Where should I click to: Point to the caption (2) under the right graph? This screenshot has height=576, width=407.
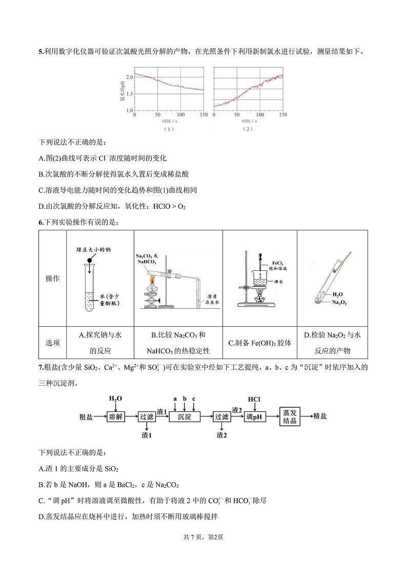click(248, 129)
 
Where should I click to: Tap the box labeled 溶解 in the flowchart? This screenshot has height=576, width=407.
click(116, 416)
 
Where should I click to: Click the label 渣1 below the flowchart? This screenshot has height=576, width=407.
click(147, 435)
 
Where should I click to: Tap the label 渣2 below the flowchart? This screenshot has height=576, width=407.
click(221, 435)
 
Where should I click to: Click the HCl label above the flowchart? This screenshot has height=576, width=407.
click(254, 399)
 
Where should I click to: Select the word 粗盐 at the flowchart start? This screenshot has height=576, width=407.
click(86, 416)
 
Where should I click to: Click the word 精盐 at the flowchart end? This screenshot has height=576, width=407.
click(320, 416)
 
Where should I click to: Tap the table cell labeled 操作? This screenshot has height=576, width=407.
click(52, 279)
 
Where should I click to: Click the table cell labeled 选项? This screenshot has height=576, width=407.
click(52, 343)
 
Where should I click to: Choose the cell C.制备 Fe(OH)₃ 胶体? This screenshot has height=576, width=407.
click(259, 343)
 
